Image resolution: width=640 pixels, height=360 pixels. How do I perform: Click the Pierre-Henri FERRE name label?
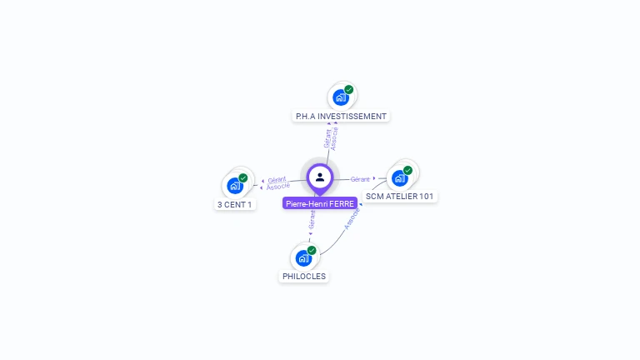click(x=320, y=203)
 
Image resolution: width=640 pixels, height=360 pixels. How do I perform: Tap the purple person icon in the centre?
click(x=320, y=177)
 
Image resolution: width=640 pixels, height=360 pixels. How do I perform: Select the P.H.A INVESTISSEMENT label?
click(x=341, y=116)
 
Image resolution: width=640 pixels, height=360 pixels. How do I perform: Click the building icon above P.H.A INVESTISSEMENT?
click(x=340, y=97)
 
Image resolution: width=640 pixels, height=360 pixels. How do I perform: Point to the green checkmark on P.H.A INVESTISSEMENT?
click(x=349, y=89)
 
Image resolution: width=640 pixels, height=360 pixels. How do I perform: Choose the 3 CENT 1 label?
click(x=235, y=204)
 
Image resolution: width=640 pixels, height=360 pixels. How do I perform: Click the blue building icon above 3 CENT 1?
click(x=234, y=185)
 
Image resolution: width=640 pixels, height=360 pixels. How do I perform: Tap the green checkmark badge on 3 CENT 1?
click(x=243, y=177)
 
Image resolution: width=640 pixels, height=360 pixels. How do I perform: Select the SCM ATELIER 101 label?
click(x=400, y=197)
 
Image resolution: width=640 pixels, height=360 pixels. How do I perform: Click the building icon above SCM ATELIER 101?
click(x=399, y=177)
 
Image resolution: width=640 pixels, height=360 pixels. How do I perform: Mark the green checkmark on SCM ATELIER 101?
click(x=407, y=170)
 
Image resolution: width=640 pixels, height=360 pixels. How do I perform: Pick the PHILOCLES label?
click(x=304, y=276)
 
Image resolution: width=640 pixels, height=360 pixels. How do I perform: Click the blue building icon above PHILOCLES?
click(x=303, y=257)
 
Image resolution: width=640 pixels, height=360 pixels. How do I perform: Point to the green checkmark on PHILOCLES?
click(x=312, y=250)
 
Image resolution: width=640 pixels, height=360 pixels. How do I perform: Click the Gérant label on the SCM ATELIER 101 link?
click(x=360, y=179)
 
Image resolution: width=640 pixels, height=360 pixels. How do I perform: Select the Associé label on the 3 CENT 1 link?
click(x=278, y=186)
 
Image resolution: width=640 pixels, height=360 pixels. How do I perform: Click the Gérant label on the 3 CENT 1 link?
click(x=277, y=179)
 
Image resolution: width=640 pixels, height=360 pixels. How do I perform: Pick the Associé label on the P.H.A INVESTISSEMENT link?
click(x=334, y=138)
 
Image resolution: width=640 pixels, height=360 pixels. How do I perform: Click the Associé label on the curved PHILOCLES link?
click(x=351, y=217)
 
